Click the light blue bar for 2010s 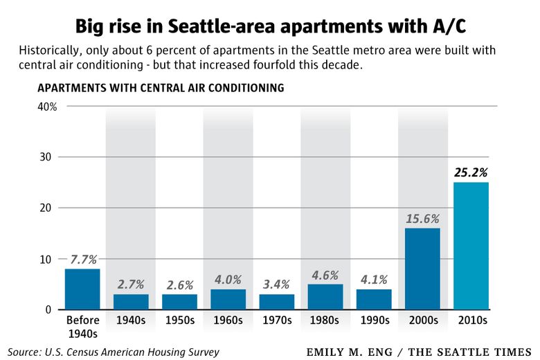(x=471, y=246)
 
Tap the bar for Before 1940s (x=82, y=289)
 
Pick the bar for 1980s (x=325, y=296)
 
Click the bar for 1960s (x=228, y=299)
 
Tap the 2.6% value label (x=179, y=285)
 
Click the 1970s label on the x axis (x=276, y=321)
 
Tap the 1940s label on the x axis (x=131, y=321)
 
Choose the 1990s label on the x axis (x=374, y=321)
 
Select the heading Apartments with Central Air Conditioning (x=161, y=88)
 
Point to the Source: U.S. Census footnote (x=114, y=352)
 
